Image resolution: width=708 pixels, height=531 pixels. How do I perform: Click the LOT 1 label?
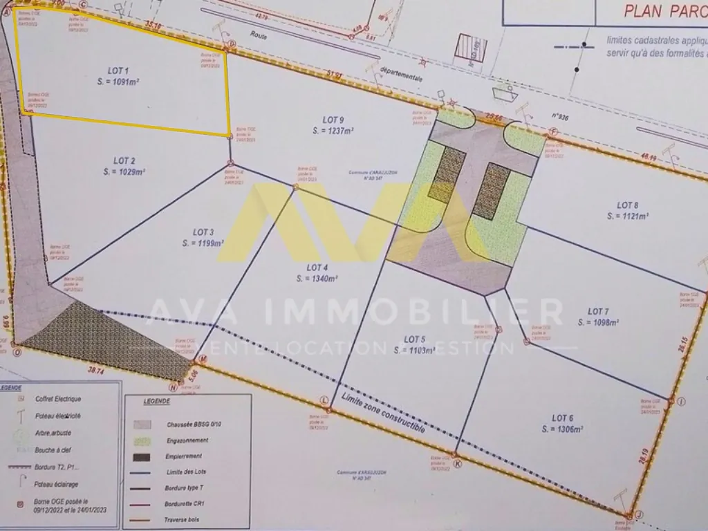tap(118, 71)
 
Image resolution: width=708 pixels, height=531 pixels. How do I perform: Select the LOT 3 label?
tap(203, 232)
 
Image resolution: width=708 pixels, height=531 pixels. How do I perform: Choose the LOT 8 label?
tap(627, 205)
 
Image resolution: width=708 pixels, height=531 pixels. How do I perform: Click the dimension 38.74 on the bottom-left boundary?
tap(96, 371)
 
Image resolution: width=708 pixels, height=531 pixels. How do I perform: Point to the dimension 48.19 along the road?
tap(648, 159)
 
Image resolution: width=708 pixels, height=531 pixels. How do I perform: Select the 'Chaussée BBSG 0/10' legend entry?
tap(193, 425)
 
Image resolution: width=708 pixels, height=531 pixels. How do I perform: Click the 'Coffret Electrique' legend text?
tap(58, 399)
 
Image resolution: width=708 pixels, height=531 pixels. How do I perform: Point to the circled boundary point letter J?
tap(639, 514)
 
